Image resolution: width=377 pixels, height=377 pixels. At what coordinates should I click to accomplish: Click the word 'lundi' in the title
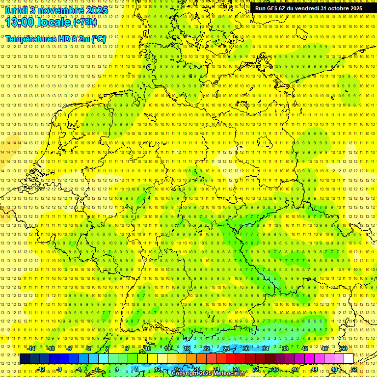coord(15,10)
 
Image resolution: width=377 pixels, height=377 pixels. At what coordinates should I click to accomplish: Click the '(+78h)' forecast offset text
coord(85,22)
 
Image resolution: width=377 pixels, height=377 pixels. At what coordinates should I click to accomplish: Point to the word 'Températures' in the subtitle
coord(30,39)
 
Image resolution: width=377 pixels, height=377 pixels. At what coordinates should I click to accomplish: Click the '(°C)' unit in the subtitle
coord(98,39)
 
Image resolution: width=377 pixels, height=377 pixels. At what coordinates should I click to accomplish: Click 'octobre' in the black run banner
coord(338,8)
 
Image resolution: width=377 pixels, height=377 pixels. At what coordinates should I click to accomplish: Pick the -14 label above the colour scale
coord(31,349)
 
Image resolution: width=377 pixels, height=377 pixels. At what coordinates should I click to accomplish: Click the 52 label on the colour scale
coord(354,369)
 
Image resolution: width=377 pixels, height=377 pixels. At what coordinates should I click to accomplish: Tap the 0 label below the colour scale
coord(97,369)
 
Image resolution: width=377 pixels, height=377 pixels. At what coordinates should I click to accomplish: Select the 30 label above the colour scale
coord(245,349)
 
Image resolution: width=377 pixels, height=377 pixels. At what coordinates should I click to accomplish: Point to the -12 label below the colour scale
coord(41,369)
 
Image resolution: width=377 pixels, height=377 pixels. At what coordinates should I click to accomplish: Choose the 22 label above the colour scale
coord(206,349)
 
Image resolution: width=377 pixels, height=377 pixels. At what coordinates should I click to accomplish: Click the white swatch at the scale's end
coord(349,359)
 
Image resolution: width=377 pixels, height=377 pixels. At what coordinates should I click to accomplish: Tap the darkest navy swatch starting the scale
coord(25,359)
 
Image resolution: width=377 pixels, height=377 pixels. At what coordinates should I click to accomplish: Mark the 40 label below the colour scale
coord(295,369)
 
